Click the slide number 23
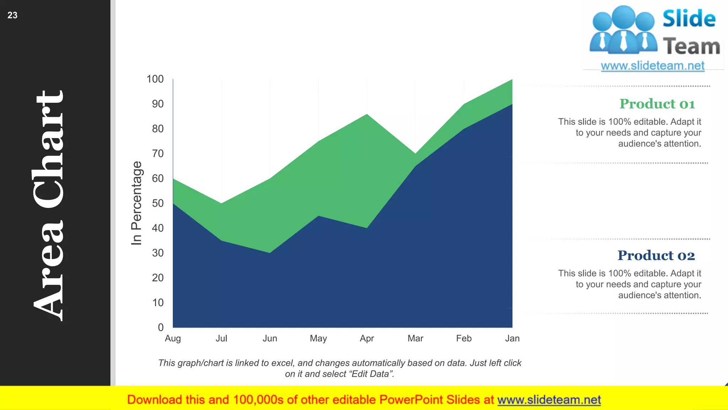pos(12,15)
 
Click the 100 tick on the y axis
pos(155,79)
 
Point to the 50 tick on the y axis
pos(158,203)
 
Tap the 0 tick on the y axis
pos(161,327)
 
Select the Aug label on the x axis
pos(173,338)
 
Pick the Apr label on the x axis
pos(367,338)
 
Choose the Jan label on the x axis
pos(512,338)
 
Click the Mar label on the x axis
pos(415,338)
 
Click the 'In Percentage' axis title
pos(136,203)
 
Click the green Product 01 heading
pos(657,104)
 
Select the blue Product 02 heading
pos(656,256)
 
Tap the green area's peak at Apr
pos(367,115)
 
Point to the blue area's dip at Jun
pos(270,252)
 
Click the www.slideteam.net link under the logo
pos(653,66)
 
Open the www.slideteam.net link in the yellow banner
pos(549,400)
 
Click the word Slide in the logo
pos(689,19)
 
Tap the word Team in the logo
pos(691,47)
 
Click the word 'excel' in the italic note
pos(283,363)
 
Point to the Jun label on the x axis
pos(270,338)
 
